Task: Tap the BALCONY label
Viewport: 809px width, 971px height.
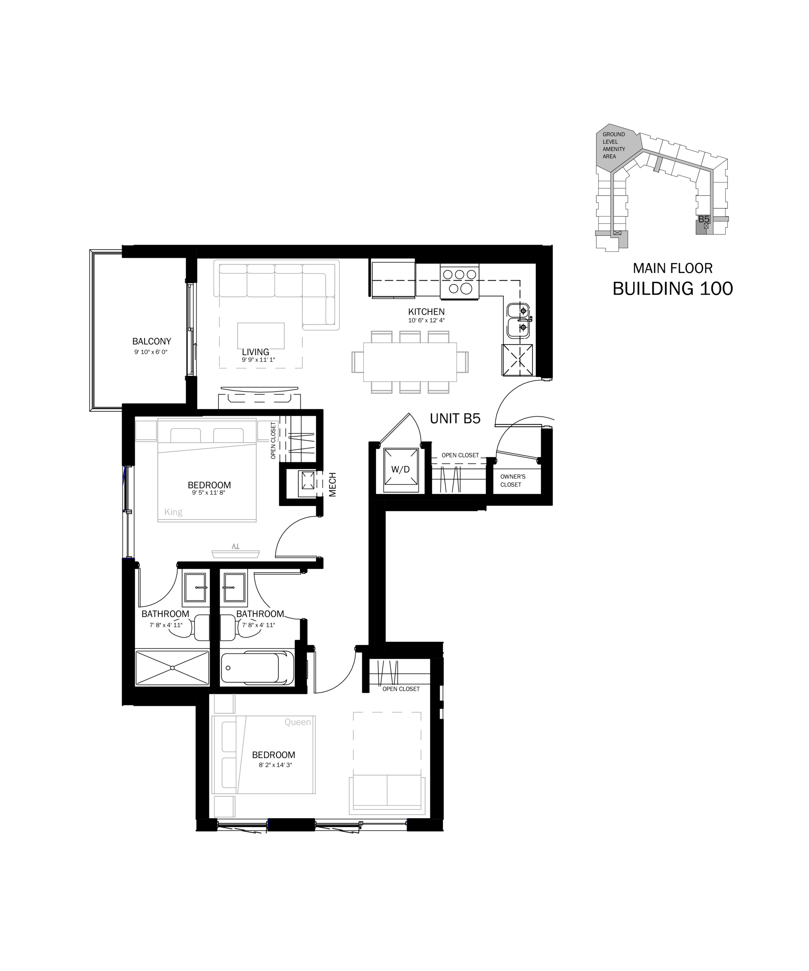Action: [152, 341]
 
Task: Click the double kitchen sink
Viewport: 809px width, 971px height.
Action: [518, 321]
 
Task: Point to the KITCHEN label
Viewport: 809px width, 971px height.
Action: [426, 312]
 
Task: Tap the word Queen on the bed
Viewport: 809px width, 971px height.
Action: [298, 722]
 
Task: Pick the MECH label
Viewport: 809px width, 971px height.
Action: [332, 485]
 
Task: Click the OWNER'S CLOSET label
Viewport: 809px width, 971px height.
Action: [513, 481]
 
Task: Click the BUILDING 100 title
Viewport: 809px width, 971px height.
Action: [672, 289]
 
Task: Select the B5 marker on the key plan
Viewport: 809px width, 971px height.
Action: [704, 219]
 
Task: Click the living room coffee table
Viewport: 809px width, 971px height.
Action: [261, 336]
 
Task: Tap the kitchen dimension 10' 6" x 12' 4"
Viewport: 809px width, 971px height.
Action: [426, 321]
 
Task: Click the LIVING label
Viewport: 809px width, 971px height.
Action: [256, 352]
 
